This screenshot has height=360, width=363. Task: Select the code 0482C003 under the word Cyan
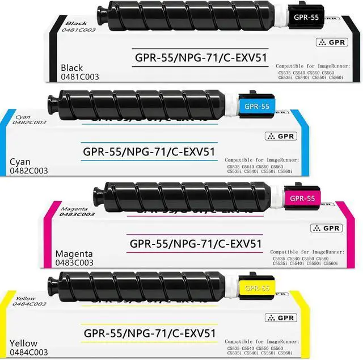click(x=28, y=171)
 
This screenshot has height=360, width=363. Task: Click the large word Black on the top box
click(x=71, y=68)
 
